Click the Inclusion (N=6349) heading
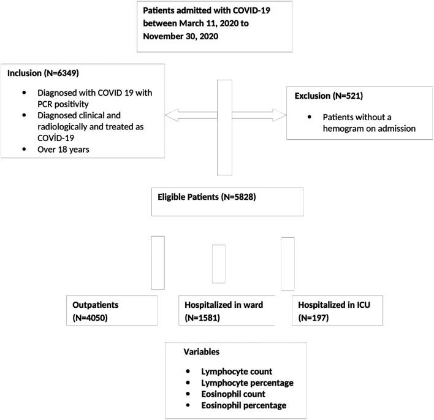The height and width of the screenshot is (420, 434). (x=42, y=72)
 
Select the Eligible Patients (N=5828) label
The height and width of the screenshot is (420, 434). (x=199, y=198)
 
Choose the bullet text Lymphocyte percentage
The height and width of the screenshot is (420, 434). (x=246, y=383)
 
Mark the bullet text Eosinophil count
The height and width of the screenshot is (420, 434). (x=235, y=394)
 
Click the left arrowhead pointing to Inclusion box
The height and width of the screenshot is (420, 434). (x=167, y=114)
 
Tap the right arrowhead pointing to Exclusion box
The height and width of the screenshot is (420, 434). (x=283, y=114)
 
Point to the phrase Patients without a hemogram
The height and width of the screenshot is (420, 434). (x=362, y=116)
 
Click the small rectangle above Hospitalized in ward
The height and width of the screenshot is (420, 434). (x=218, y=263)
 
